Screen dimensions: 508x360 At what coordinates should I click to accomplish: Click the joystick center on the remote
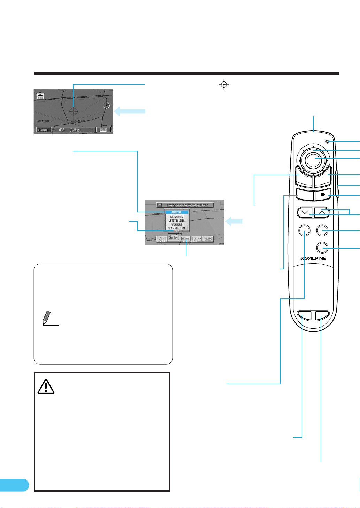[x=314, y=159]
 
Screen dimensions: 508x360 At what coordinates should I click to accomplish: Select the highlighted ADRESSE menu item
[x=177, y=212]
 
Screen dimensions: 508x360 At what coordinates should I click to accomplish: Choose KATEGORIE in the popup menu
[x=177, y=217]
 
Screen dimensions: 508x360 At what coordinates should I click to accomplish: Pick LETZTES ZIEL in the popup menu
[x=177, y=221]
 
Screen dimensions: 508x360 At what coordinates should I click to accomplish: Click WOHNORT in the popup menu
[x=177, y=225]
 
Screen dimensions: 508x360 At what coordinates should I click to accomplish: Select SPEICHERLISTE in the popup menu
[x=177, y=228]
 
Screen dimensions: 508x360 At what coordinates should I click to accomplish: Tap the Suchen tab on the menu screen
[x=174, y=238]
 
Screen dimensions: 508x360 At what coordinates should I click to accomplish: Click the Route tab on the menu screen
[x=197, y=239]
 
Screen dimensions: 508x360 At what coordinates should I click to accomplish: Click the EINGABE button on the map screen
[x=43, y=130]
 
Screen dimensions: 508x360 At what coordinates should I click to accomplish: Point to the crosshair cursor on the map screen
[x=74, y=111]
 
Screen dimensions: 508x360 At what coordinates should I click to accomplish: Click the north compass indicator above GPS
[x=41, y=94]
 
